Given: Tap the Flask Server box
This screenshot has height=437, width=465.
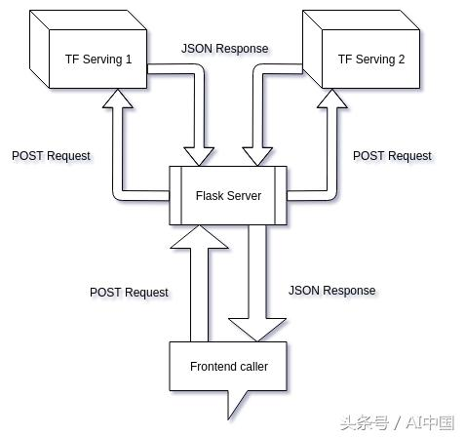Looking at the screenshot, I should pyautogui.click(x=228, y=196).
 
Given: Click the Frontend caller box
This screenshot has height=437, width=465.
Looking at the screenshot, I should pyautogui.click(x=229, y=367).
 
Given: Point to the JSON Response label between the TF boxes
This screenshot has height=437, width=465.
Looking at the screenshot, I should pyautogui.click(x=224, y=48).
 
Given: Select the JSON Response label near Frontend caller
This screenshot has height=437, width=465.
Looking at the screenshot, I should pyautogui.click(x=331, y=291).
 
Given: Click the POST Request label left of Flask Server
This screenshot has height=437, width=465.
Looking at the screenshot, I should pyautogui.click(x=51, y=155).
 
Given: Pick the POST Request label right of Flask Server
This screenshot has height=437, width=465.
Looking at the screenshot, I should pyautogui.click(x=392, y=155).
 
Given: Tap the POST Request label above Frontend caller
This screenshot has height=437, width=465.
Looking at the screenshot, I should pyautogui.click(x=129, y=292).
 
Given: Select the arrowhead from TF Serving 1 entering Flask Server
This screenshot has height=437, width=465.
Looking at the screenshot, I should pyautogui.click(x=202, y=155).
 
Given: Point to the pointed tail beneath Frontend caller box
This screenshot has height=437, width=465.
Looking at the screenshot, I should pyautogui.click(x=232, y=403).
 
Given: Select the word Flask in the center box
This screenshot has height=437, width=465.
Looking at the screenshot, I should pyautogui.click(x=210, y=196).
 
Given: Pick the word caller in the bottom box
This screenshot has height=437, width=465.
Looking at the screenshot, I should pyautogui.click(x=251, y=367).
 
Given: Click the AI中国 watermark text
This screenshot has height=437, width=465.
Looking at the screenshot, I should pyautogui.click(x=431, y=422).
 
